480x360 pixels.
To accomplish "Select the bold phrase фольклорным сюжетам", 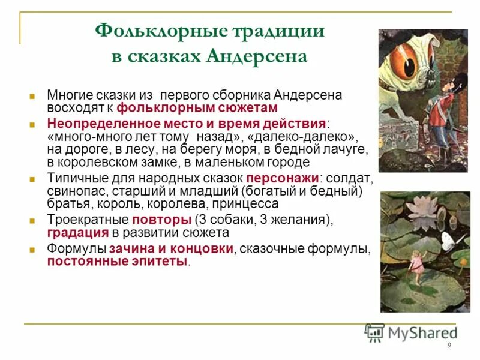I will click(x=197, y=108).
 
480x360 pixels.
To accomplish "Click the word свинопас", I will click(x=76, y=191).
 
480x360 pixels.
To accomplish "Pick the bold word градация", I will click(x=77, y=232).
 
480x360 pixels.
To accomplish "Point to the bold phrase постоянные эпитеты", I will click(x=117, y=261).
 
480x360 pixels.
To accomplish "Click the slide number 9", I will click(x=449, y=346).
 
